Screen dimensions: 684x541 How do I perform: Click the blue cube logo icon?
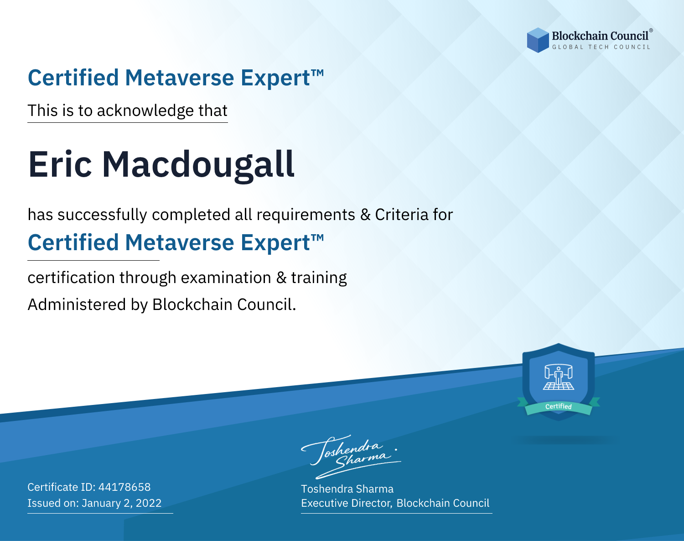(538, 40)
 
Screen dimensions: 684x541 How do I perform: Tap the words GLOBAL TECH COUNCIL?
(601, 47)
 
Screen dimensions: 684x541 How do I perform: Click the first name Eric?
(60, 164)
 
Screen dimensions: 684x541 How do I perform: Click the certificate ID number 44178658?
(124, 487)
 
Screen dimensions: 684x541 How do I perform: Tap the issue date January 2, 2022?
(122, 503)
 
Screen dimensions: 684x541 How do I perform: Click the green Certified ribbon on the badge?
(559, 407)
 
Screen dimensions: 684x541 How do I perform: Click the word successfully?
(102, 215)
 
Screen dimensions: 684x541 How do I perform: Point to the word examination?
(226, 278)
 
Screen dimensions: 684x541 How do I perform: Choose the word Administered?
(77, 304)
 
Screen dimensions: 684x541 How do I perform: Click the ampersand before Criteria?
(365, 215)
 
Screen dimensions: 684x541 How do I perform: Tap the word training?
(319, 278)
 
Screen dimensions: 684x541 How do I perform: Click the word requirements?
(306, 215)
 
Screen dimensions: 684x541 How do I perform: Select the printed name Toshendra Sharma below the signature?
(347, 489)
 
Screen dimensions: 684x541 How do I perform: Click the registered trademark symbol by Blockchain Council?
(651, 31)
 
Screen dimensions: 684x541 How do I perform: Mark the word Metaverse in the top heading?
(180, 78)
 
